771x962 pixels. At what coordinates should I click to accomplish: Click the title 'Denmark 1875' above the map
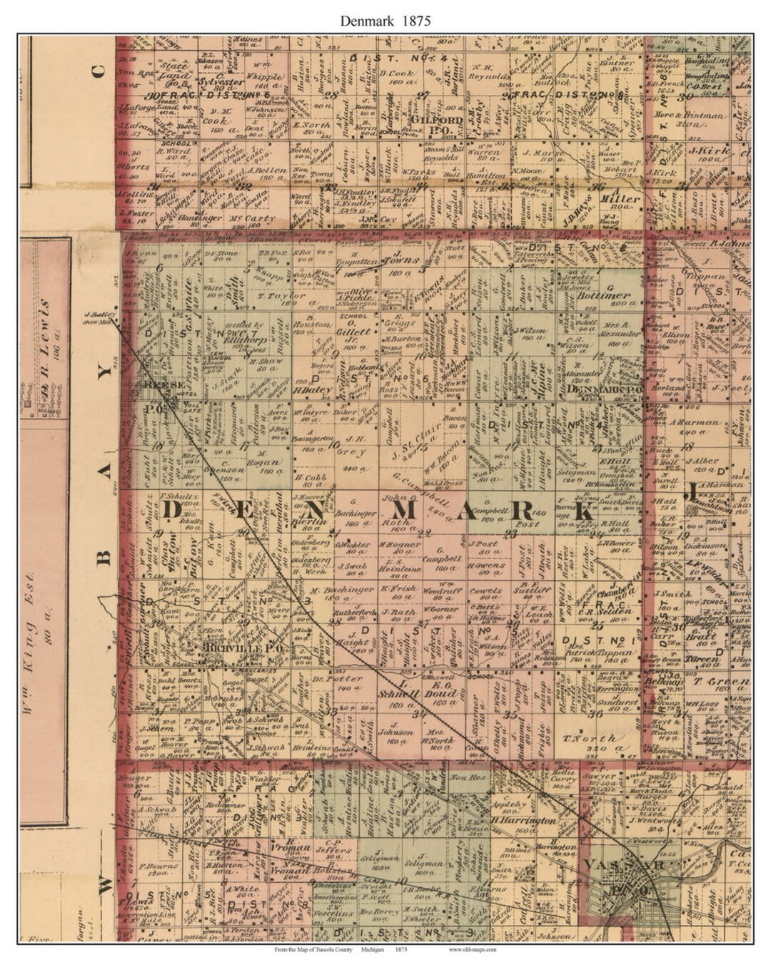[x=385, y=20]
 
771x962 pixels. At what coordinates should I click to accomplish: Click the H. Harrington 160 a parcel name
[x=523, y=821]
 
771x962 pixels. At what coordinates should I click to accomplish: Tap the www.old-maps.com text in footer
[x=472, y=949]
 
